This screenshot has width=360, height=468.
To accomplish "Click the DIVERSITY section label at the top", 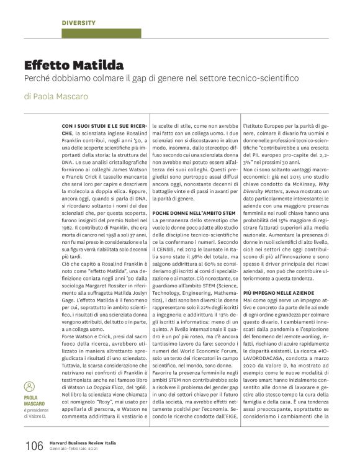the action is pos(79,23).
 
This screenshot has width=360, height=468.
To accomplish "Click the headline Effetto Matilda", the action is pos(74,65).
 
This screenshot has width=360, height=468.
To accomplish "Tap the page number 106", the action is pos(34,446).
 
